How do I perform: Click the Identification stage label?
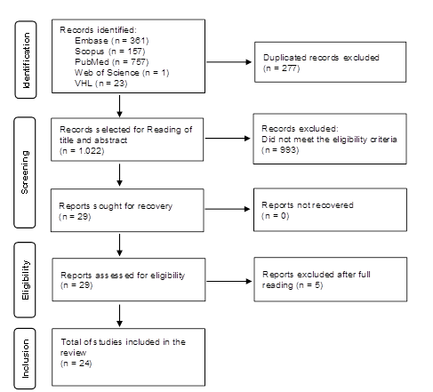click(x=26, y=60)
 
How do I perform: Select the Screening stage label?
click(x=25, y=172)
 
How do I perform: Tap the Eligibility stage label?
click(x=26, y=280)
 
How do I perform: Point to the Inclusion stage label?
click(x=26, y=358)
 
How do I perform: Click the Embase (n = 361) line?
click(x=112, y=41)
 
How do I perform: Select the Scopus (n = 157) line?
click(x=110, y=52)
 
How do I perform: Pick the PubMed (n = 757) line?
click(x=112, y=62)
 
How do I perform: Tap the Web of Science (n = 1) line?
click(x=122, y=73)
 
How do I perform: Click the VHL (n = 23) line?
click(x=101, y=84)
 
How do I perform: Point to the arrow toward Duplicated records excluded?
click(x=229, y=62)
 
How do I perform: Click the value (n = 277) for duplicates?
click(x=282, y=68)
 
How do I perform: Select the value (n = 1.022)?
click(x=82, y=151)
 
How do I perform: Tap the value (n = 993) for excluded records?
click(x=280, y=150)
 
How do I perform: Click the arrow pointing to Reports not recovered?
click(x=228, y=209)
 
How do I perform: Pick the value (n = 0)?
click(x=275, y=216)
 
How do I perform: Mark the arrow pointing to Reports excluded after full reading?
click(x=229, y=281)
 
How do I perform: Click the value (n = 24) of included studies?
click(x=76, y=364)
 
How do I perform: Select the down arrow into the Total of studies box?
click(x=119, y=316)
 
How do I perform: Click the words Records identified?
click(x=98, y=30)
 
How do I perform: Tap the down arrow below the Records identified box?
click(x=119, y=106)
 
